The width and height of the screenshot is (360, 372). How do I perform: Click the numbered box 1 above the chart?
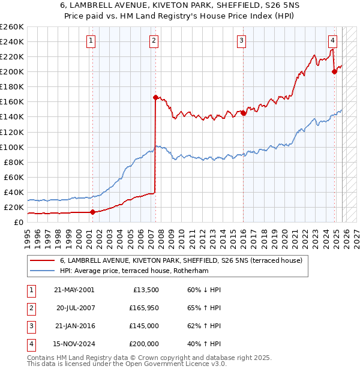pos(91,41)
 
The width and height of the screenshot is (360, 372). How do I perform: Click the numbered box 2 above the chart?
pos(154,41)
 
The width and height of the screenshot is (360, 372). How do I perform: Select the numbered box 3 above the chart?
pos(241,41)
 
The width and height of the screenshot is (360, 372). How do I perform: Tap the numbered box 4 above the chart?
pos(332,41)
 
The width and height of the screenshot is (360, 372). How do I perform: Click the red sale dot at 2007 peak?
pos(155,97)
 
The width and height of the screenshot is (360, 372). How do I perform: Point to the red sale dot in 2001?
pos(92,212)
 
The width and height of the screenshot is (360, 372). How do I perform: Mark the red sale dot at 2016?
pos(244,113)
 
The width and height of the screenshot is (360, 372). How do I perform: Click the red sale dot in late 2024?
pos(335,71)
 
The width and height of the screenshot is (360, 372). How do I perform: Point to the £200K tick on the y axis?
pos(12,71)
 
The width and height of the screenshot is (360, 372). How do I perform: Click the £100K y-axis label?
pos(12,147)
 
